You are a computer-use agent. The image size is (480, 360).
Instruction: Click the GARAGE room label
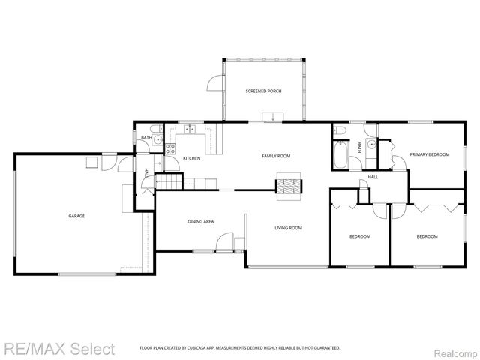click(76, 216)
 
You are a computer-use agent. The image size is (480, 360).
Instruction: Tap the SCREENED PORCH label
click(263, 91)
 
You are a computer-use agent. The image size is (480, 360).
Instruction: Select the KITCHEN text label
click(191, 158)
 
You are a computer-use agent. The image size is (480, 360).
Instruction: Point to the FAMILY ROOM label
click(275, 156)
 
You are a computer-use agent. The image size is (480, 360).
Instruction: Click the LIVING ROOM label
click(288, 228)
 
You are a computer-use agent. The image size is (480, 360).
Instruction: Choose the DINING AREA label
click(201, 221)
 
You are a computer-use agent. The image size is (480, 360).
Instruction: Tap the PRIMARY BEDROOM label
click(429, 154)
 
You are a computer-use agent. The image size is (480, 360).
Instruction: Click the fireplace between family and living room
click(288, 185)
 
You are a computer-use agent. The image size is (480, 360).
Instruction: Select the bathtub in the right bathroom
click(340, 156)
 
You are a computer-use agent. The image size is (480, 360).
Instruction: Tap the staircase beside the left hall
click(169, 182)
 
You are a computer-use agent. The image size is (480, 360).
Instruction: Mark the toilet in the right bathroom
click(340, 130)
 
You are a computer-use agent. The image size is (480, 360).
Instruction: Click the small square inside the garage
click(91, 162)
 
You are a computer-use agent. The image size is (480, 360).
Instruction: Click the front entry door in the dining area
click(223, 241)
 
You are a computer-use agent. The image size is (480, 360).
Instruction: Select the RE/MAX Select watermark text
click(58, 349)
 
